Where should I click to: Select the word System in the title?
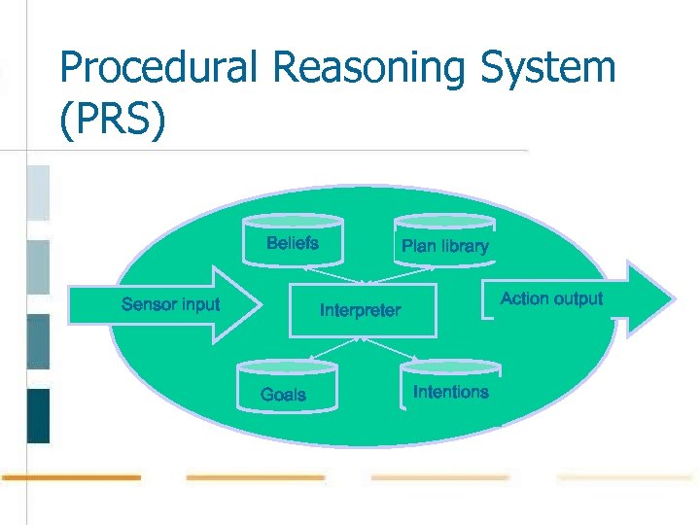(x=561, y=69)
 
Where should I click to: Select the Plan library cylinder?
(x=444, y=243)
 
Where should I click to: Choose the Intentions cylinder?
(x=450, y=387)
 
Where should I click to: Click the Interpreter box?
(x=362, y=310)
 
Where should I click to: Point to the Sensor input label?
(x=170, y=304)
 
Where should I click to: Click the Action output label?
(x=551, y=298)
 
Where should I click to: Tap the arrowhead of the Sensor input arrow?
(x=248, y=305)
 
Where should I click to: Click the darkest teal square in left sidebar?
(x=38, y=415)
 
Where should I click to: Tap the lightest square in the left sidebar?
(x=38, y=192)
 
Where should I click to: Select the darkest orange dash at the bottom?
(x=71, y=477)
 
